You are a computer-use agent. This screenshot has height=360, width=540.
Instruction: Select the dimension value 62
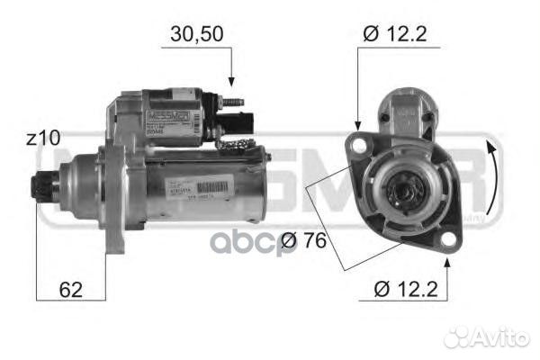coord(69,290)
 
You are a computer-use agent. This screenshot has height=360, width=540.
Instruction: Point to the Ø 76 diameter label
coord(301,240)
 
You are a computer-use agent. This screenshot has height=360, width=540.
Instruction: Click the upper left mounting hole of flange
coord(360,143)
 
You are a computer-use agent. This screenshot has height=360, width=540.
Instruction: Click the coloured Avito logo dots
coord(458,337)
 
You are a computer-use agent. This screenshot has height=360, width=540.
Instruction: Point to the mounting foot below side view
coord(114,238)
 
